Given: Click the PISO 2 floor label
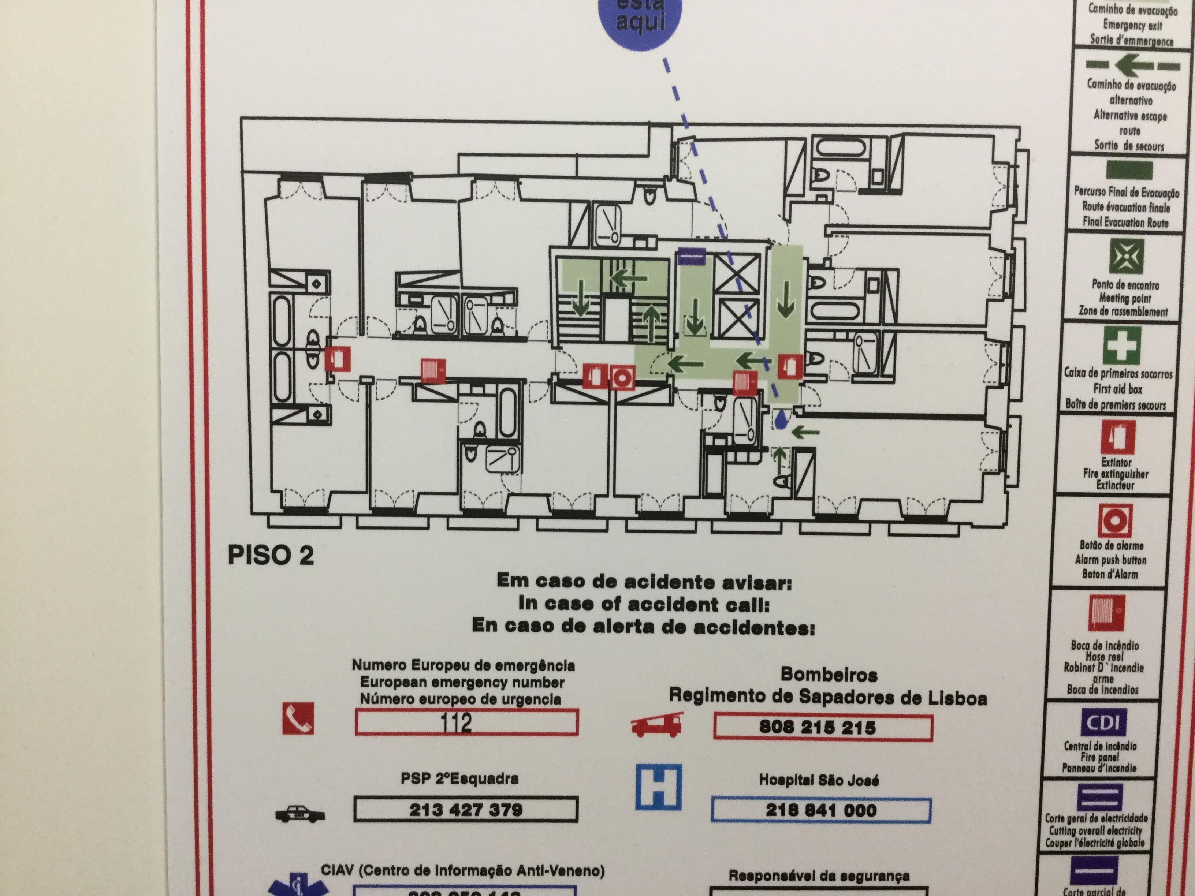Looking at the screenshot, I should coord(271,555).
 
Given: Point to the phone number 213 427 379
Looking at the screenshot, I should coord(466,810).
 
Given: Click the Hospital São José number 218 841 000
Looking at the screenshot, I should coord(820,810).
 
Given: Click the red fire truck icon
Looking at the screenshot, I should coord(657,725).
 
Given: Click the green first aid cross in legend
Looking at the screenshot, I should coord(1122,344).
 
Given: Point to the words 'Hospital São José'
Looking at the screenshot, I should coord(819,780).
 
